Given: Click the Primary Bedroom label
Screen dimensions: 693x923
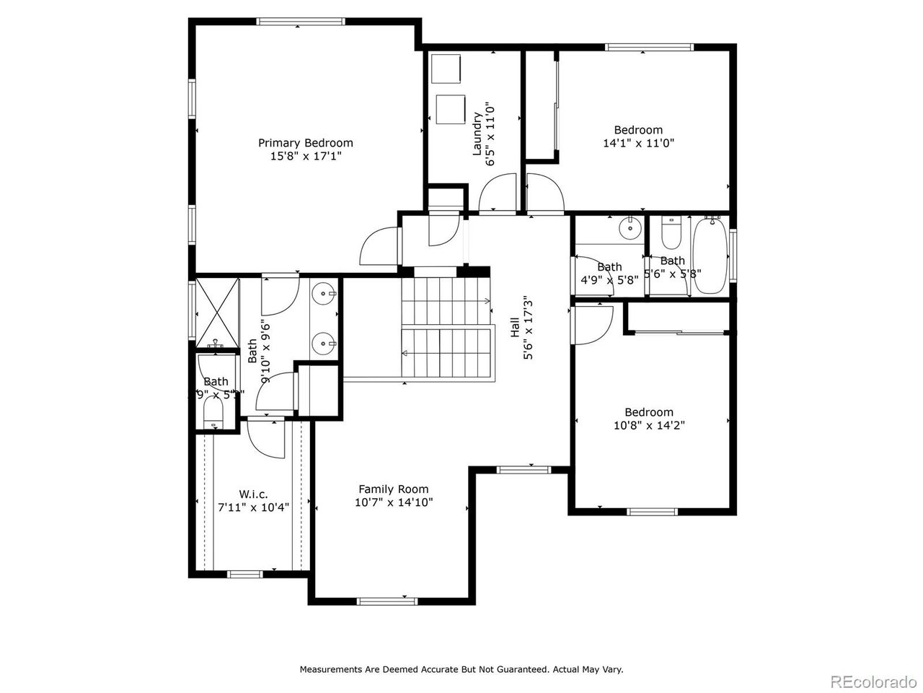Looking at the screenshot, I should point(306,143).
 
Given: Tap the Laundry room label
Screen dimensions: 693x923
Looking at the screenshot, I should point(477,134).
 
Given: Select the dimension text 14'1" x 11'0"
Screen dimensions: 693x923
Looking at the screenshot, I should point(638,143).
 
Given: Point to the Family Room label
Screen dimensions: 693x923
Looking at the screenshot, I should point(393,489).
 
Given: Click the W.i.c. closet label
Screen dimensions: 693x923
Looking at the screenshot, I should point(253,494).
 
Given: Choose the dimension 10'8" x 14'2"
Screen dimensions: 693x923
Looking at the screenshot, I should point(648,425).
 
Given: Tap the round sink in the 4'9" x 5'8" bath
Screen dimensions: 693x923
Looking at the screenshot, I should point(631,229).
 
